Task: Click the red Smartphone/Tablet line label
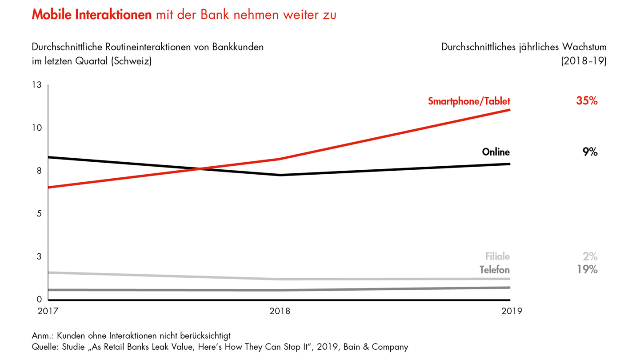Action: pos(469,101)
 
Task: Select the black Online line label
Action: pos(496,152)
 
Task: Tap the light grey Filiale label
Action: pos(497,256)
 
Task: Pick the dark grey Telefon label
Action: pos(495,270)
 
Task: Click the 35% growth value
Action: pos(587,101)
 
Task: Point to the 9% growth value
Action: pos(590,152)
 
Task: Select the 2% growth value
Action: pos(590,256)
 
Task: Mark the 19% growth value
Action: pos(587,269)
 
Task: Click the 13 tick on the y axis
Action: pos(37,85)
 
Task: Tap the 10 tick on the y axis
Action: pos(37,128)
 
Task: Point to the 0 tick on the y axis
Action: pos(39,300)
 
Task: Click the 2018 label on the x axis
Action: pos(280,311)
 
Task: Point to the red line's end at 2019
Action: pos(510,110)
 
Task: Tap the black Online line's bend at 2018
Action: pos(280,175)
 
